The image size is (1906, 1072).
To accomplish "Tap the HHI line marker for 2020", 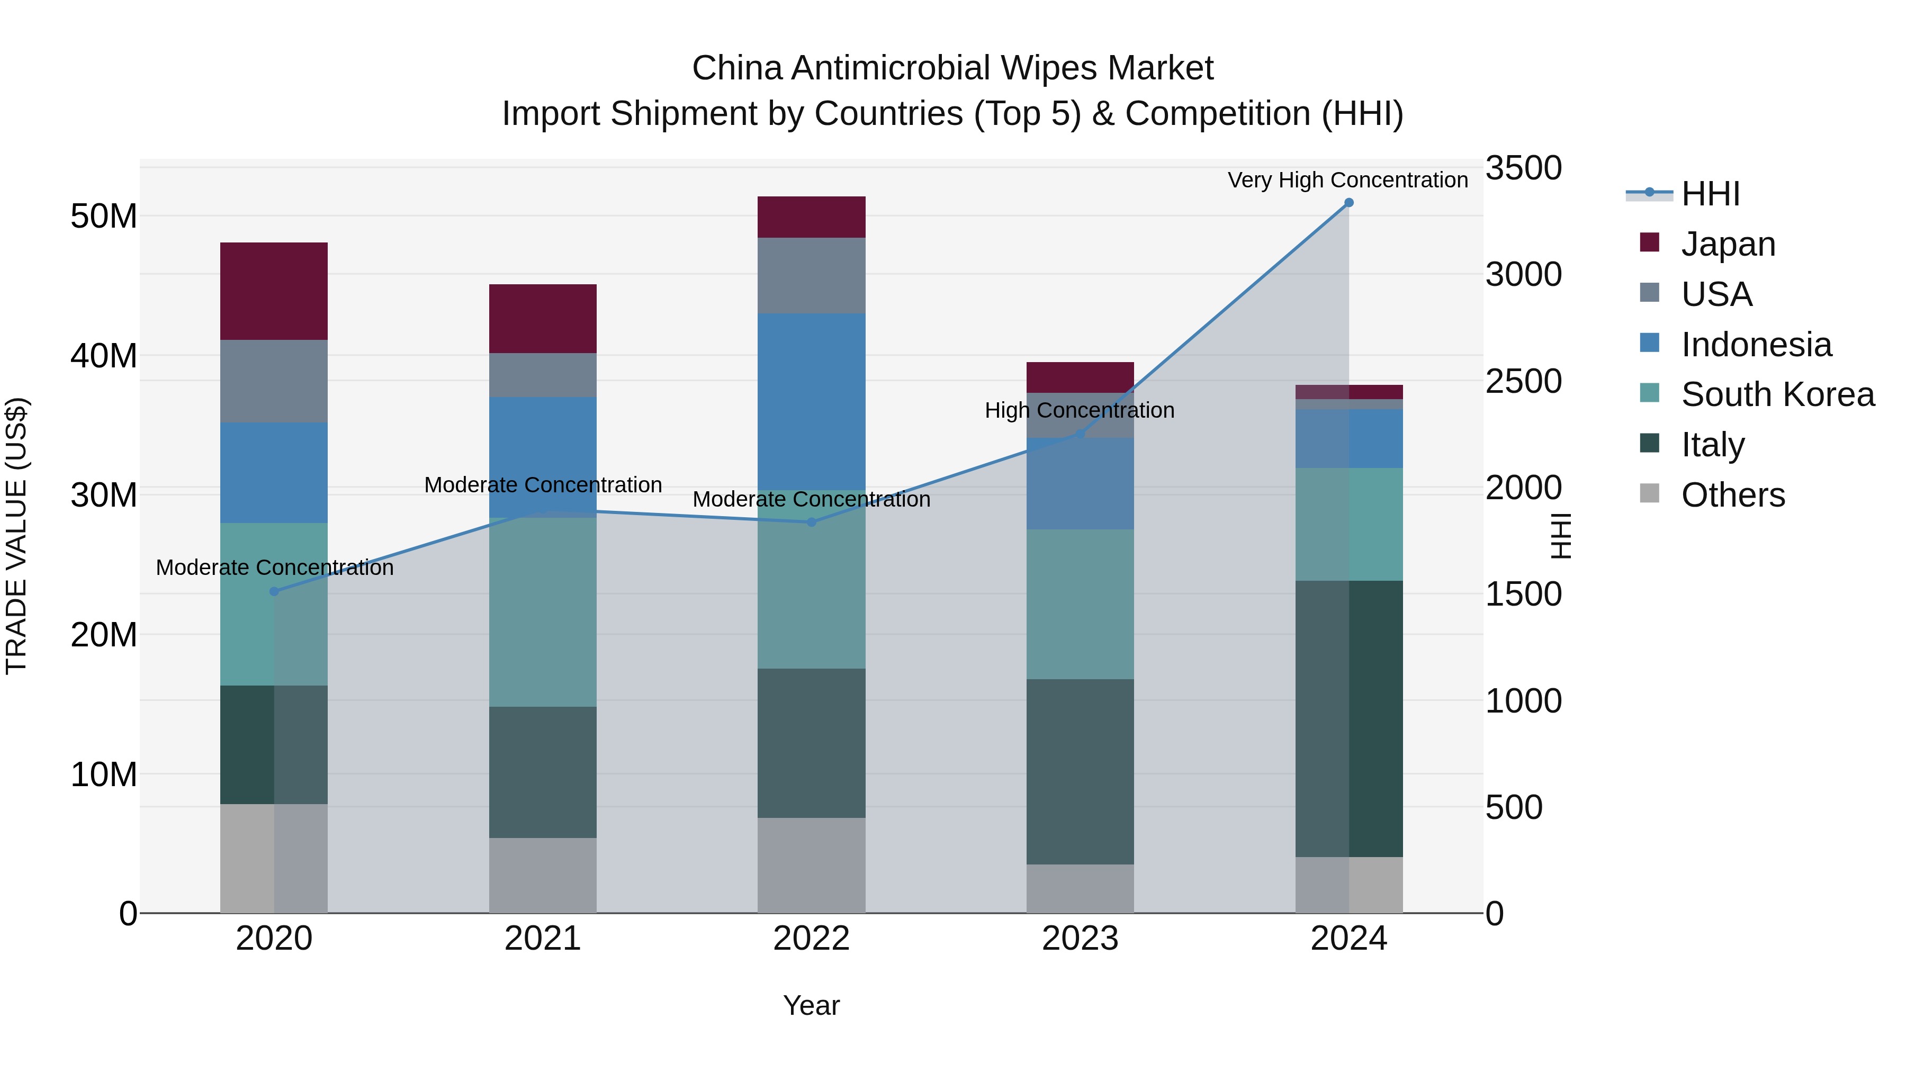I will tap(274, 591).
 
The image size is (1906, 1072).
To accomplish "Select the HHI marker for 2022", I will tap(811, 523).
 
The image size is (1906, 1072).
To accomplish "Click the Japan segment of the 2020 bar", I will tap(274, 291).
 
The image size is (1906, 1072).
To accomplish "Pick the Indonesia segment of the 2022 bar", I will tap(811, 401).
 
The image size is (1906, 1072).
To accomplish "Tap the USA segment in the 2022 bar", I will tap(811, 275).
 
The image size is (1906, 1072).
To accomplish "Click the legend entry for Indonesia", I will tap(1756, 345).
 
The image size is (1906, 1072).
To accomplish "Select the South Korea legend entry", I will tap(1777, 394).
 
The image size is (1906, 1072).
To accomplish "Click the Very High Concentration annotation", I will tap(1347, 180).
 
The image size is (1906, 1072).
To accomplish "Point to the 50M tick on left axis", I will tap(104, 216).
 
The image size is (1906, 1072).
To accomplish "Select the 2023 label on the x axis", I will tap(1080, 939).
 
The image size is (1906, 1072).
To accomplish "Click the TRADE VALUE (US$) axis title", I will tap(16, 536).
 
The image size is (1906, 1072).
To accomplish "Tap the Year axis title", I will tap(811, 1005).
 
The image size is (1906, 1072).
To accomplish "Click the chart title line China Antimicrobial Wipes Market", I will tap(952, 68).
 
